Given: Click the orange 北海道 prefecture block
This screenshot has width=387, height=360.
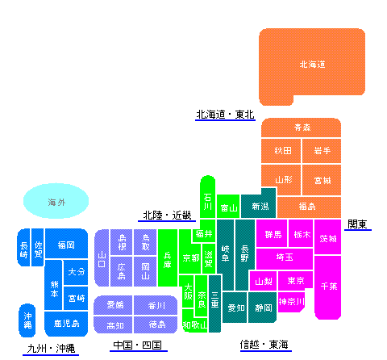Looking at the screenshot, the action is (x=312, y=65).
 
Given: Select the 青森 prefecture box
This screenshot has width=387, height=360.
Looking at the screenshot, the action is (x=301, y=128).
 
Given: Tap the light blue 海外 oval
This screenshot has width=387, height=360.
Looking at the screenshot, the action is (x=56, y=201).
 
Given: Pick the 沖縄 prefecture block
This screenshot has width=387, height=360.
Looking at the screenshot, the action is (x=27, y=320).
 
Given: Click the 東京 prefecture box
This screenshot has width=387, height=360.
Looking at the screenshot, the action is (x=295, y=280).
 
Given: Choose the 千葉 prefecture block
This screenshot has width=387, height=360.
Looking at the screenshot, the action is (x=327, y=287).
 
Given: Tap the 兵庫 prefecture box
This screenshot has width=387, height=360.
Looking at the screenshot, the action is (x=168, y=257).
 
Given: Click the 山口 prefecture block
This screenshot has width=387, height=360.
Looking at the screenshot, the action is (x=102, y=258).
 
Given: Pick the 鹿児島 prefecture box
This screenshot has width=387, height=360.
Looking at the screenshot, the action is (x=66, y=324).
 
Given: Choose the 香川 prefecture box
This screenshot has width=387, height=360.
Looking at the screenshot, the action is (x=156, y=305).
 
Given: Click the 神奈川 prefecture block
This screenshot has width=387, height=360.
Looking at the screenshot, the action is (x=291, y=302).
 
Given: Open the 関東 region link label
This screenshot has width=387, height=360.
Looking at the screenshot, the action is (x=357, y=224).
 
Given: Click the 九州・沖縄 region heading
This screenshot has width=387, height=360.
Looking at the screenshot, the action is (x=51, y=349).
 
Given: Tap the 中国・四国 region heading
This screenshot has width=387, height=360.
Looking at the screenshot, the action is (x=138, y=345).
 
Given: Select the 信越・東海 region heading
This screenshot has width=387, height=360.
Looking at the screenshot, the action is (x=265, y=345).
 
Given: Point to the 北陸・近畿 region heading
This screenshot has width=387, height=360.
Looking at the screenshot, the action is (x=167, y=216).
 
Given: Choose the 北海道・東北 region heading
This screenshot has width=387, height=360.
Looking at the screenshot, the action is (x=225, y=115).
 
